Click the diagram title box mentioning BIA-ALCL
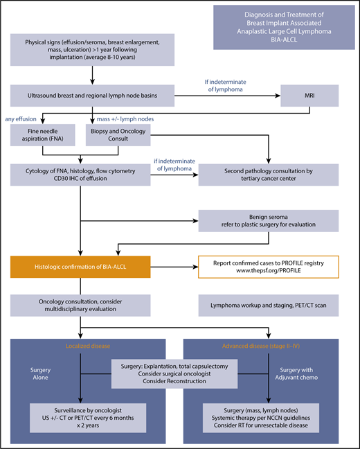[x=282, y=27]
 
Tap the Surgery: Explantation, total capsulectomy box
[x=180, y=373]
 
